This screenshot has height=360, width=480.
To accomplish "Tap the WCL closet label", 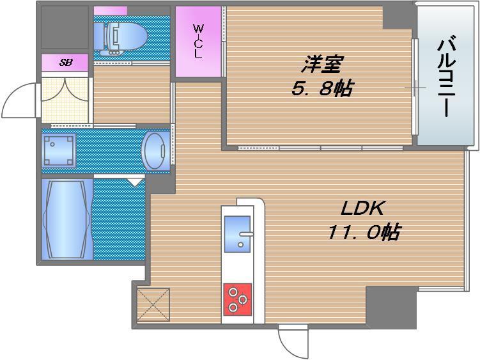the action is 198,42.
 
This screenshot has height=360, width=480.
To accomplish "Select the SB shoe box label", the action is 66,63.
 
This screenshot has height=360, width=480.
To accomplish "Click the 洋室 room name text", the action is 321,64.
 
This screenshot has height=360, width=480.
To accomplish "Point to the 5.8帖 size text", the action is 321,88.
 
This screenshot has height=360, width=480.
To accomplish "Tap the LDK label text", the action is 362,208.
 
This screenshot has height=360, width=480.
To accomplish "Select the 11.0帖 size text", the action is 364,232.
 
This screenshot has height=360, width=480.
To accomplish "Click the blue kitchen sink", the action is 238,234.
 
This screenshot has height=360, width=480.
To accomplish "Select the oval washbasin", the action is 156,152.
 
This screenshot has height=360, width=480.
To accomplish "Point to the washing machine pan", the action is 59,151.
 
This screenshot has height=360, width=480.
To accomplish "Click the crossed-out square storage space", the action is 153,305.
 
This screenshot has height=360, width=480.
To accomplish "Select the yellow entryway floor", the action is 65,100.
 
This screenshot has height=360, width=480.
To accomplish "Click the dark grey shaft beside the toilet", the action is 65,27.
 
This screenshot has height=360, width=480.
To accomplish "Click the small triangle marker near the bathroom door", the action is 135,182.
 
